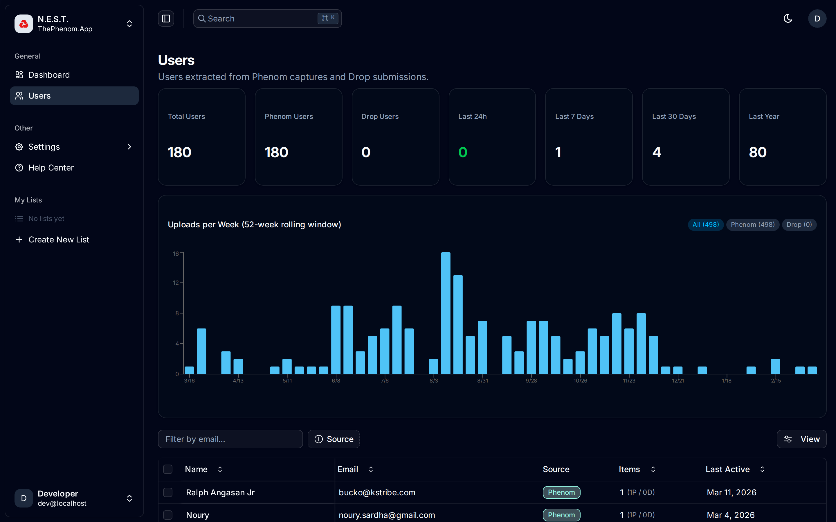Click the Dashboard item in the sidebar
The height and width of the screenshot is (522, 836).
coord(49,75)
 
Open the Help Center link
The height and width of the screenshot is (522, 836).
coord(51,168)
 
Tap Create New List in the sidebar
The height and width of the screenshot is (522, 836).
coord(58,240)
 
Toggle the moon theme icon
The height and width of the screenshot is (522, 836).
coord(788,19)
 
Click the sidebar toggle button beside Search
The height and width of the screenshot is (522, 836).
coord(166,19)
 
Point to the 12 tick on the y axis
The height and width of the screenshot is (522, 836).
coord(176,283)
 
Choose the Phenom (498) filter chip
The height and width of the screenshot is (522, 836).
coord(752,225)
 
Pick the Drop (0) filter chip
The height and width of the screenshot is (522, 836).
coord(799,225)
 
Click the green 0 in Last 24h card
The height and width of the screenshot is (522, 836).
coord(463,152)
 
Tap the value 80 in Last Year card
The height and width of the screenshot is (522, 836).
coord(758,152)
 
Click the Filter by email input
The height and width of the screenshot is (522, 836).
coord(230,439)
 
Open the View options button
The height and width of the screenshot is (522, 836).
coord(801,439)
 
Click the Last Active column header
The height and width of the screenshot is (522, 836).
coord(727,469)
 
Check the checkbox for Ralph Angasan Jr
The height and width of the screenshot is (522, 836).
coord(168,492)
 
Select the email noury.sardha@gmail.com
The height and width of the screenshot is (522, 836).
coord(387,515)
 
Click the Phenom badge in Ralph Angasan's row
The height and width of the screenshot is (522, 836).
coord(561,492)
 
